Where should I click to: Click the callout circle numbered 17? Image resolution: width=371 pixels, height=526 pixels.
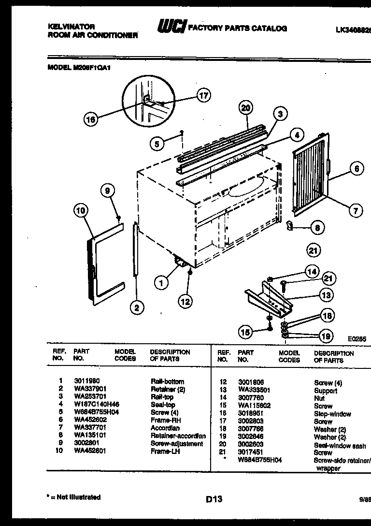(204, 95)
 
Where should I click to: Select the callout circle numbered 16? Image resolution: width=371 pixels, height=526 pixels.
(90, 119)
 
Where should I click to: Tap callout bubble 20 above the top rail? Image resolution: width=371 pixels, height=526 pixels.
(246, 108)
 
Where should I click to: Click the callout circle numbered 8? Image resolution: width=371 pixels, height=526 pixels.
(317, 227)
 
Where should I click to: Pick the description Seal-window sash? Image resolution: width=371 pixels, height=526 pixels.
(340, 445)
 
